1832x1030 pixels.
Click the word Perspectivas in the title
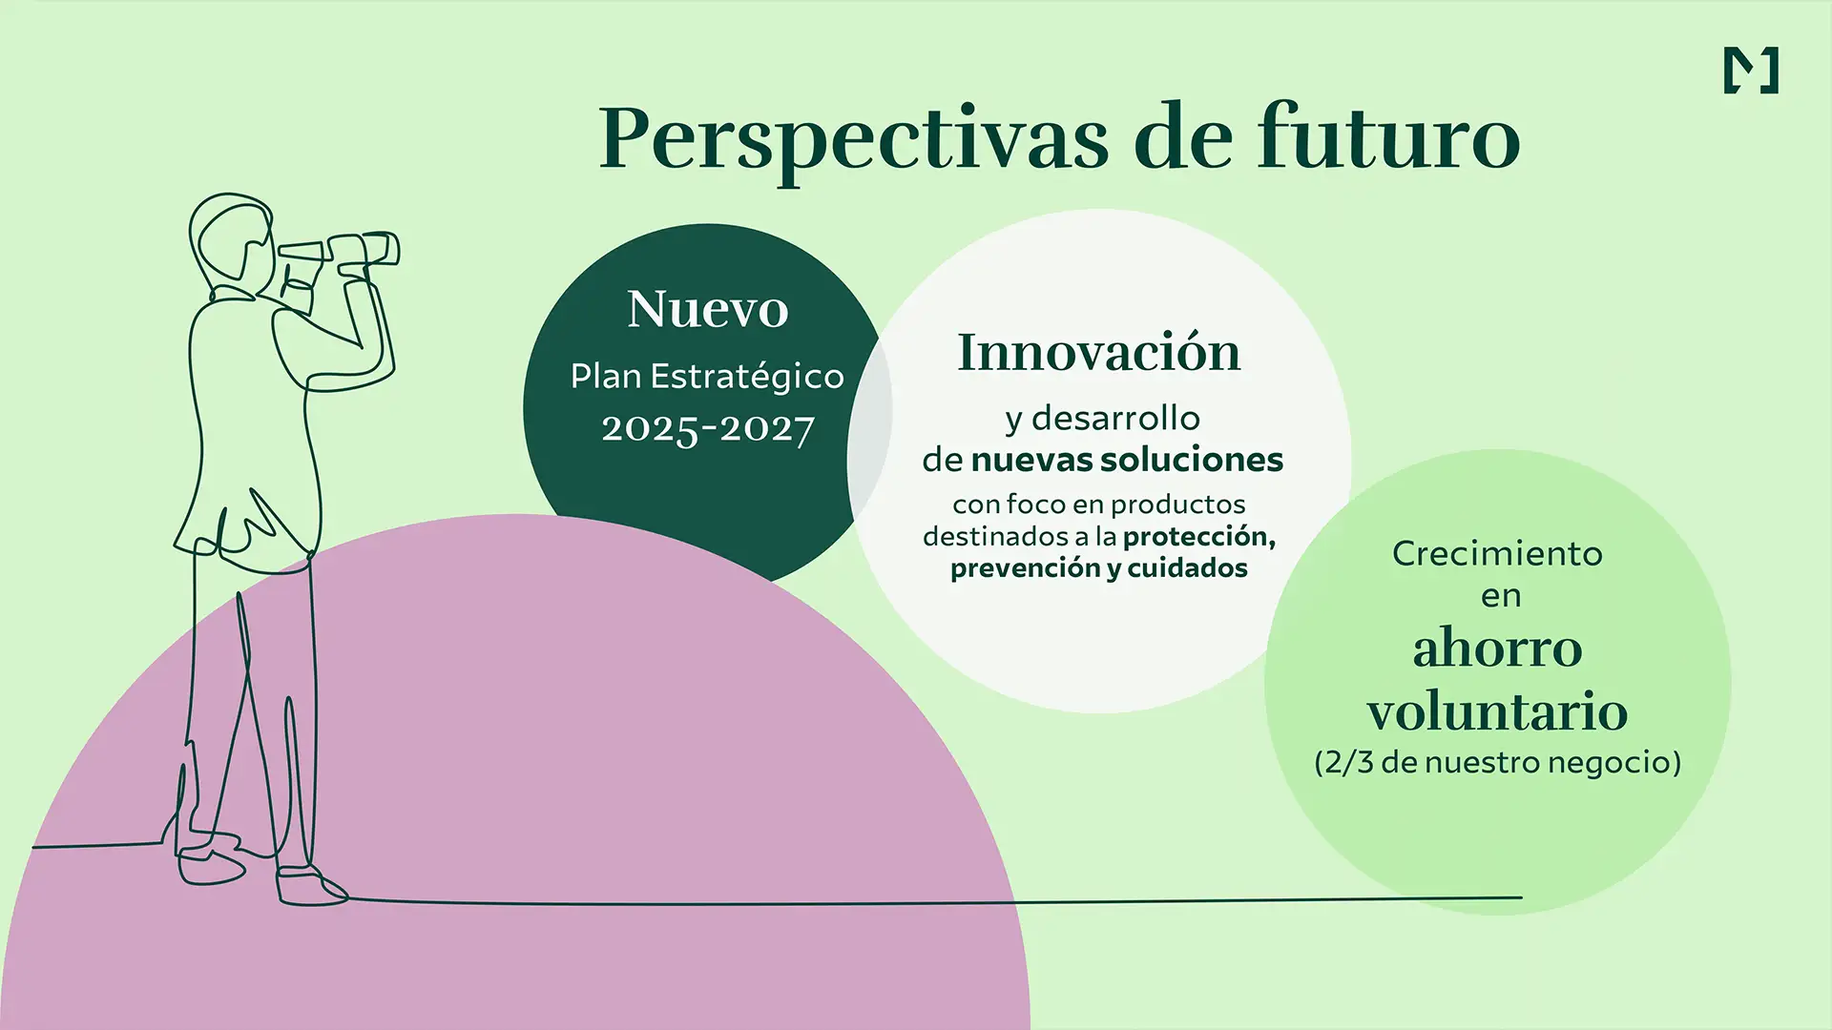[854, 140]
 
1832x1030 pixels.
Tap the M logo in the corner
[1752, 71]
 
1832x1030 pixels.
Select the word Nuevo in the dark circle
[708, 309]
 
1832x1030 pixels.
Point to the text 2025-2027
[708, 428]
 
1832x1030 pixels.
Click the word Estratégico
[747, 377]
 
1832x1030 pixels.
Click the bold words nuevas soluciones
[1127, 460]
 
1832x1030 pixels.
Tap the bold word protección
[1199, 537]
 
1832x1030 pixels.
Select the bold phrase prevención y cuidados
[1099, 568]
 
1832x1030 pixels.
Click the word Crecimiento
[1497, 553]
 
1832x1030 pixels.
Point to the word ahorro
[1497, 649]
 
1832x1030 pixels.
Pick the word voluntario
[1497, 711]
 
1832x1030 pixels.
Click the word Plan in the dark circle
[606, 377]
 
